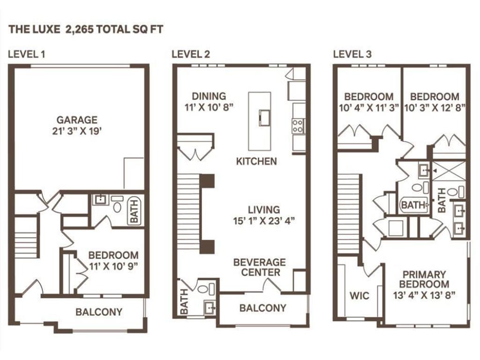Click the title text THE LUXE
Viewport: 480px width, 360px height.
(32, 30)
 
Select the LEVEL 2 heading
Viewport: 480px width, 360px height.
(191, 54)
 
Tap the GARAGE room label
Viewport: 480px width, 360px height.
(77, 120)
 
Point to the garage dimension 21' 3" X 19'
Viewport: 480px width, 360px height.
(77, 131)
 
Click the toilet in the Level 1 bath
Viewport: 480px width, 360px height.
(117, 207)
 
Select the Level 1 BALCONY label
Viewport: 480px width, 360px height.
(99, 312)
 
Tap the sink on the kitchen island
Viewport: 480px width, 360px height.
(264, 116)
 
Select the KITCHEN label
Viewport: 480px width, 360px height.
(256, 161)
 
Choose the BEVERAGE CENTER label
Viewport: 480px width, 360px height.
(259, 267)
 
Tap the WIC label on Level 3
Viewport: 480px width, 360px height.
(359, 296)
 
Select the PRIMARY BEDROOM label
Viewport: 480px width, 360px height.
(425, 279)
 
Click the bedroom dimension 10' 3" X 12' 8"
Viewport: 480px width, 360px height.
(435, 107)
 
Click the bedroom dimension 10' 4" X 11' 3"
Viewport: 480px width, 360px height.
(368, 107)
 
